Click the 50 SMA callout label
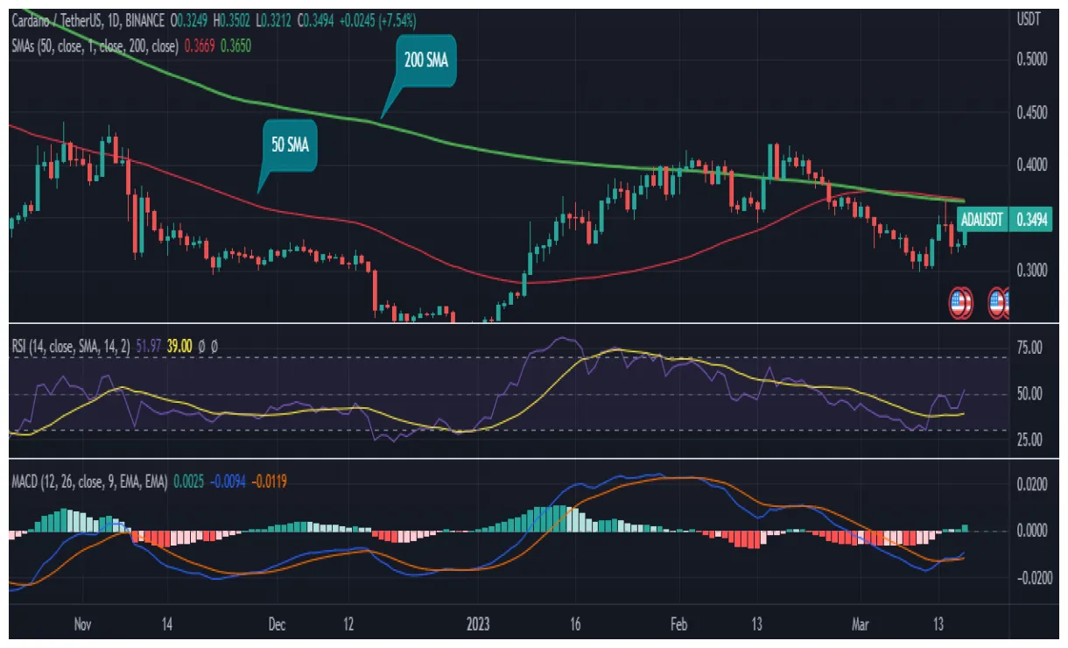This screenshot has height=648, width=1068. pos(290,145)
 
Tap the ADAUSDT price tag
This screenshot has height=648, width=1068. pos(981,218)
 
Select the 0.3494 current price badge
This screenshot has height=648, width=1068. pos(1033,218)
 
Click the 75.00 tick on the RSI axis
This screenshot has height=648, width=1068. pos(1030,349)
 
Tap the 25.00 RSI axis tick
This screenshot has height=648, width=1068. pos(1030,440)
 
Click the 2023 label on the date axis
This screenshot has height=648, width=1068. pos(477,624)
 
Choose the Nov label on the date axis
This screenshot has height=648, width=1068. pos(83,624)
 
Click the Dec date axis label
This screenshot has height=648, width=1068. pos(278,624)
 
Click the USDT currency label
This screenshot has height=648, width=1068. pos(1029,18)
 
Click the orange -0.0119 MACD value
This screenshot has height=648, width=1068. pos(270,480)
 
